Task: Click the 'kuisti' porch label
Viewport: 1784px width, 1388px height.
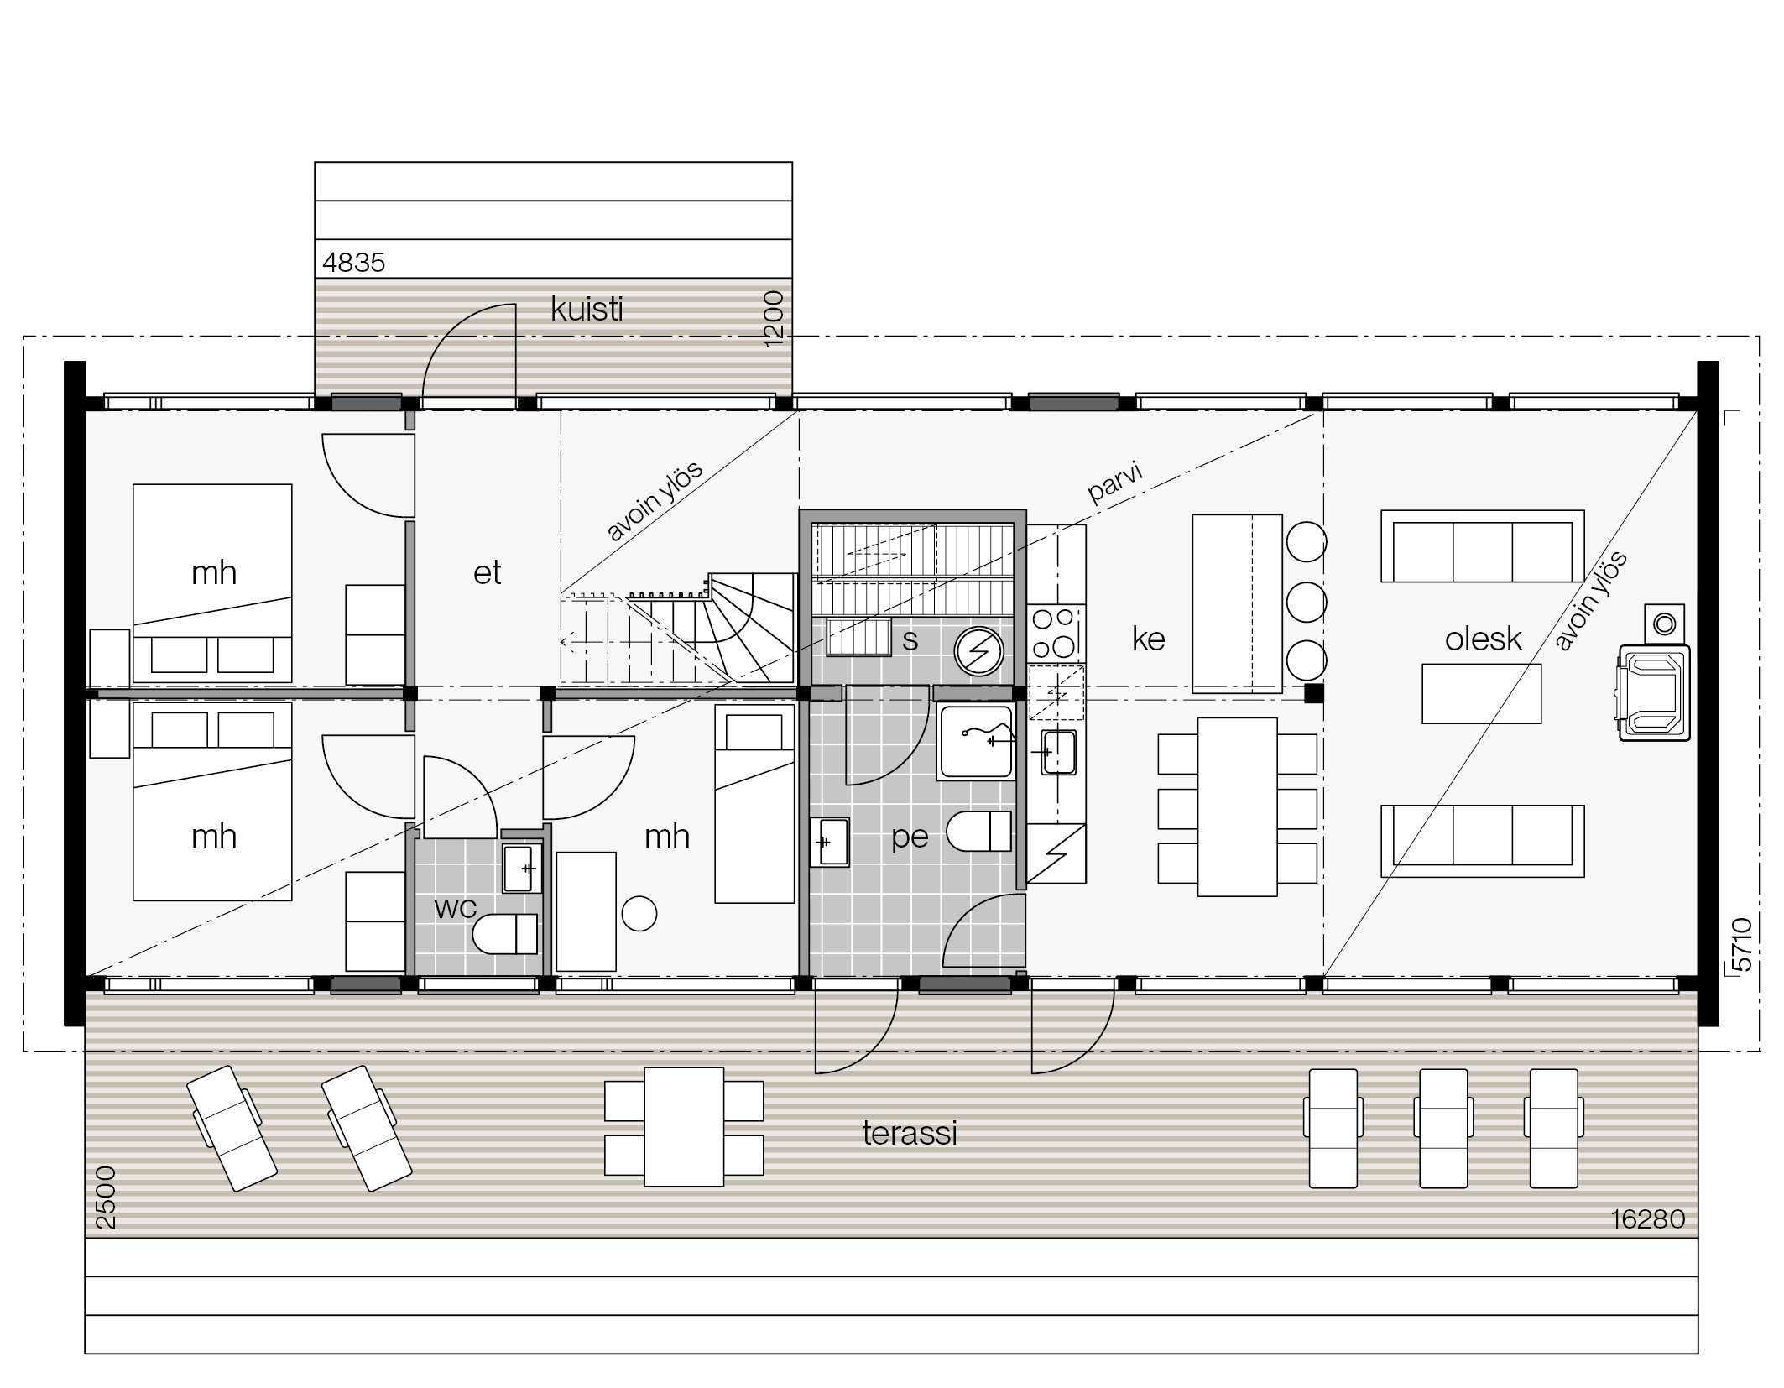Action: click(587, 310)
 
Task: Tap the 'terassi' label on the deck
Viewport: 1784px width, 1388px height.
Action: click(910, 1134)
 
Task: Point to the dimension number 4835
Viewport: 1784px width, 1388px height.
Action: click(353, 263)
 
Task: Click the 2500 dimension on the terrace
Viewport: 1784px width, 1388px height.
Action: click(106, 1198)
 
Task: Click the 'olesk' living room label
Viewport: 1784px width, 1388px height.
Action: click(1483, 639)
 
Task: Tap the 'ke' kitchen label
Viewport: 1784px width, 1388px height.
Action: click(1148, 639)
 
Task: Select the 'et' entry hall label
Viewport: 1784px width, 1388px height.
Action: click(487, 573)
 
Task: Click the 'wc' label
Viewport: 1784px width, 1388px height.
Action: click(456, 907)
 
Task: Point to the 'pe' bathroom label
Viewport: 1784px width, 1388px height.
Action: click(910, 837)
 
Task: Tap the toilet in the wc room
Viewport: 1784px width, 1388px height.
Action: click(505, 933)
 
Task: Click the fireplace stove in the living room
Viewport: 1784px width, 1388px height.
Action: click(1654, 692)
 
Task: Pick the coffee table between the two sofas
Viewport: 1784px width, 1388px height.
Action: click(1481, 693)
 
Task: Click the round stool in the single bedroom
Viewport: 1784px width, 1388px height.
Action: click(639, 914)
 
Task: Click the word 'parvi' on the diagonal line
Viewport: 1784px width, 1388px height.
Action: click(1115, 483)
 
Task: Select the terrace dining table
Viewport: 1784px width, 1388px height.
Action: click(684, 1126)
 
